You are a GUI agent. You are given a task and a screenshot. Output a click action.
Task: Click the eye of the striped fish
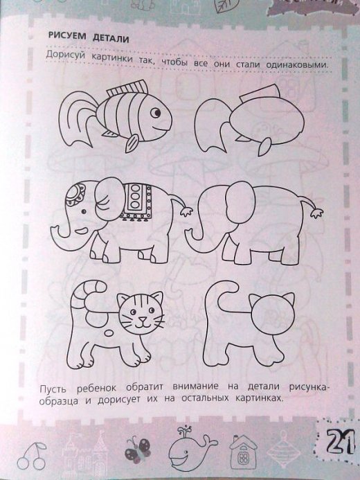click(156, 113)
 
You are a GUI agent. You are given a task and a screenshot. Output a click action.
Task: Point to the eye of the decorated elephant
click(83, 211)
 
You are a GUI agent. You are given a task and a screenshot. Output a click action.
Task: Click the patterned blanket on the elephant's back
click(136, 202)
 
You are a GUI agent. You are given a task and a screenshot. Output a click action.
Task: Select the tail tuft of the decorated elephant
click(186, 211)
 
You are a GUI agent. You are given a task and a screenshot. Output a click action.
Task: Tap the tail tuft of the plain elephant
click(316, 213)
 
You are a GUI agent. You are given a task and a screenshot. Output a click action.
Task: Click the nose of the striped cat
click(142, 319)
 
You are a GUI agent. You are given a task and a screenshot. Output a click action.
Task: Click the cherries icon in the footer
click(31, 456)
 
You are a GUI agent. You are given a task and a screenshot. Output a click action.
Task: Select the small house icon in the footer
click(243, 452)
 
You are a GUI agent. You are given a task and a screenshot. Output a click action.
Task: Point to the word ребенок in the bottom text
click(96, 389)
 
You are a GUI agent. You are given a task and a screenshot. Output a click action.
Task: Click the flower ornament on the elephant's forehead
click(74, 194)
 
